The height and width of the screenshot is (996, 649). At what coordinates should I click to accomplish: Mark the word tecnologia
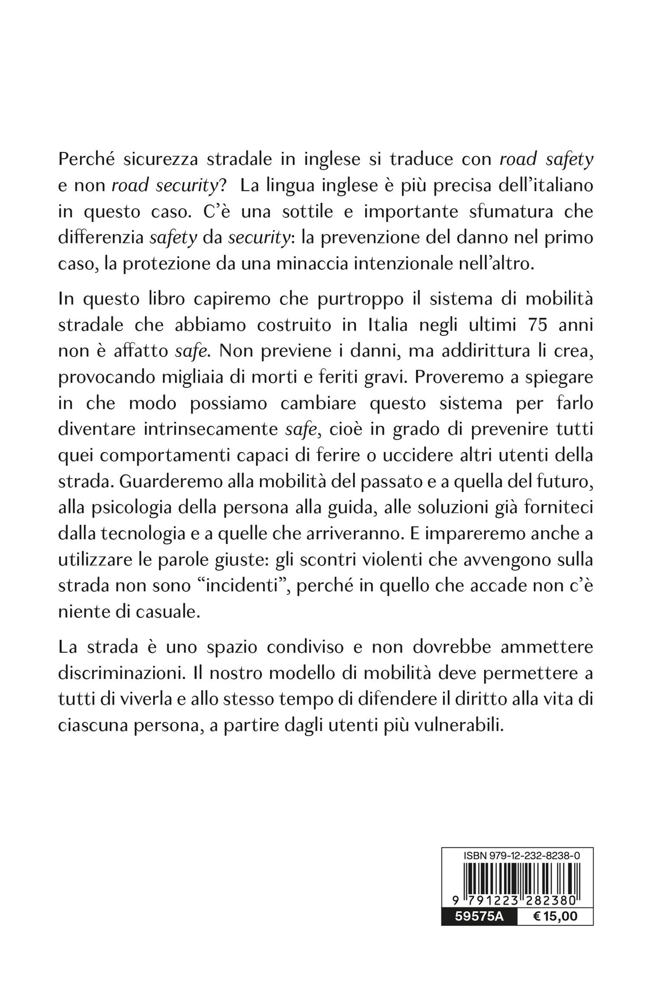pyautogui.click(x=152, y=533)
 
